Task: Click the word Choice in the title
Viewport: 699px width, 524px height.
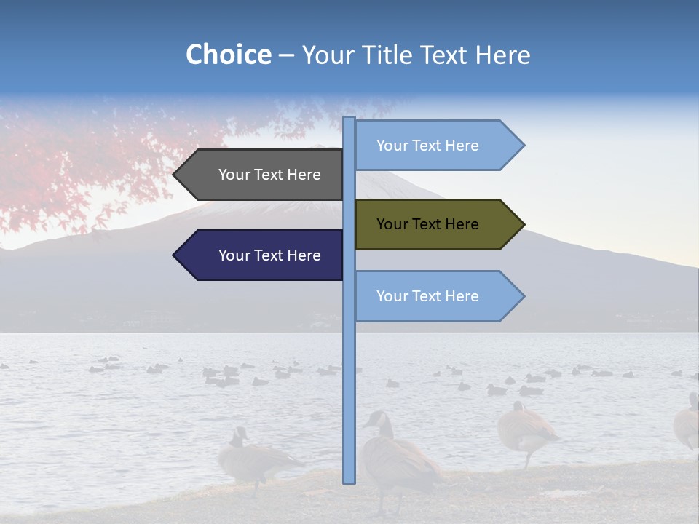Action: tap(228, 55)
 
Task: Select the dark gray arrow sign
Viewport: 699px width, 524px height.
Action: tap(262, 175)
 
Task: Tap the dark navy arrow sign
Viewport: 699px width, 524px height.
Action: tap(262, 255)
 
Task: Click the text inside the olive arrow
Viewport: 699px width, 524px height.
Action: tap(427, 224)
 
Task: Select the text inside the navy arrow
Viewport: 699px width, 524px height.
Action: tap(269, 255)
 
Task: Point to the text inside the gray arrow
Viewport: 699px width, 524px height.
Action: tap(269, 175)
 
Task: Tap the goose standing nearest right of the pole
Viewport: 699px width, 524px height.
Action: tap(397, 458)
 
